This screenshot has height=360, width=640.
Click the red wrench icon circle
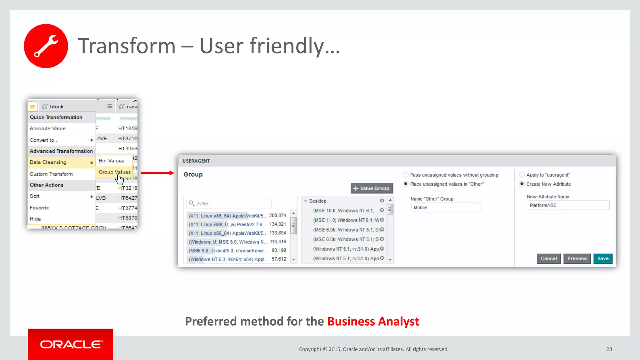click(x=46, y=46)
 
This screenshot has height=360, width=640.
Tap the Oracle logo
click(x=71, y=344)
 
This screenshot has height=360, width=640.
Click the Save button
click(x=603, y=258)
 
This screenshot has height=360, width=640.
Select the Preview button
click(x=577, y=258)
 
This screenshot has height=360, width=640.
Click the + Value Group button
click(x=372, y=188)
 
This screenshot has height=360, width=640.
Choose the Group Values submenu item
click(x=114, y=172)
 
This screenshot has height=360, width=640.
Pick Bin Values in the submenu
click(x=111, y=161)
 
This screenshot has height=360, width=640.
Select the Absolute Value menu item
click(x=48, y=128)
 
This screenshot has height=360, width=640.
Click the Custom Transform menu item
click(x=51, y=174)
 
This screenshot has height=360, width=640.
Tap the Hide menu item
click(x=35, y=219)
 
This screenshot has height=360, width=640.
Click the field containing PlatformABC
click(x=568, y=205)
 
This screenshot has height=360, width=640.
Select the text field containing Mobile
click(x=446, y=207)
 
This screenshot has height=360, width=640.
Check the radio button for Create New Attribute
click(x=522, y=184)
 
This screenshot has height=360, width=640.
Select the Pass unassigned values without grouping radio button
click(x=406, y=175)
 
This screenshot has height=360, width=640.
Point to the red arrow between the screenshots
click(x=157, y=173)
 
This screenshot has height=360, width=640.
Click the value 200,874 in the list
click(x=277, y=215)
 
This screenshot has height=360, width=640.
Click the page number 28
click(x=609, y=349)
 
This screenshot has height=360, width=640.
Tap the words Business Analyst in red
click(x=373, y=321)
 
